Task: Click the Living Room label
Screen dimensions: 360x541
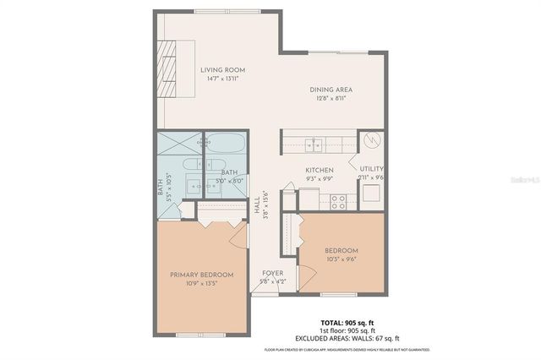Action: pos(221,70)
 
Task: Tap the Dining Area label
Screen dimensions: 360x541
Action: pos(331,90)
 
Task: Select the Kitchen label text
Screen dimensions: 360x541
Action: pos(319,169)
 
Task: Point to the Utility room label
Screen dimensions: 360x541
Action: pos(371,169)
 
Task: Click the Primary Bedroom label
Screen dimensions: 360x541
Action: pos(200,274)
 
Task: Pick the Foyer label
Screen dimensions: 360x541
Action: pos(272,273)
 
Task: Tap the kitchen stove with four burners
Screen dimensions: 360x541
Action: pos(337,200)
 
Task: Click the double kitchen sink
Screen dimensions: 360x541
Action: pos(314,143)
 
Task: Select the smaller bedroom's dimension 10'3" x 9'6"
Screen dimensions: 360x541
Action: pos(342,259)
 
